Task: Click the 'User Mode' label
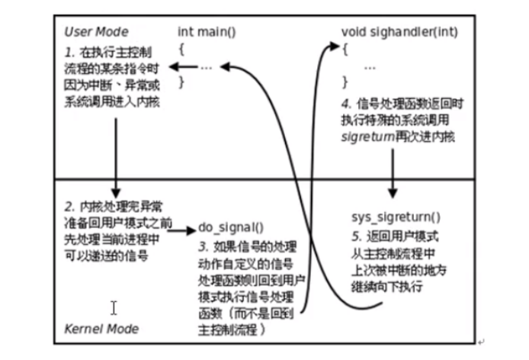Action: pos(96,31)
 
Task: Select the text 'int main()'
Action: pos(207,31)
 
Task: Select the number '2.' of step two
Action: pos(69,207)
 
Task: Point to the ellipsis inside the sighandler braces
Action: pos(370,66)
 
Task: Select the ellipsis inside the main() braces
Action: pos(207,66)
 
